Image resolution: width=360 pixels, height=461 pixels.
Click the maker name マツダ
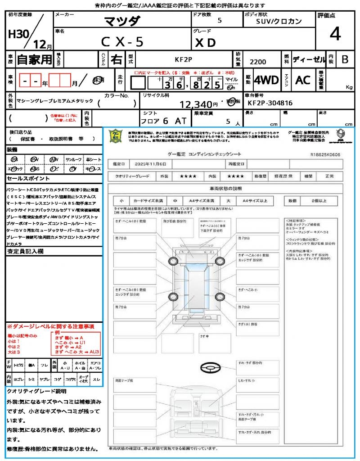pos(122,21)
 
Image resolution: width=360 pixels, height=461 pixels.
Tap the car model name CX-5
pos(122,42)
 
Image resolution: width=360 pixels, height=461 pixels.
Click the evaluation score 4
pos(334,34)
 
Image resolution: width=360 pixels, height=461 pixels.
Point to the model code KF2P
pos(184,59)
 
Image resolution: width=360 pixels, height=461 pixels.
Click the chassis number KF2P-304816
pos(270,103)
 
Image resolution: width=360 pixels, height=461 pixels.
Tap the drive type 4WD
pos(266,80)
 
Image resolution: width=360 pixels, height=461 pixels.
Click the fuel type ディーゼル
pos(309,59)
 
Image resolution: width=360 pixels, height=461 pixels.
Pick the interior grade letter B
pos(345,59)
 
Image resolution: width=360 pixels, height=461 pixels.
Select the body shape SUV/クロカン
pos(279,21)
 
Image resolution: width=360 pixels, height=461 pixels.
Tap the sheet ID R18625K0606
pos(325,154)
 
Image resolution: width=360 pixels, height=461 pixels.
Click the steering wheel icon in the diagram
pos(209,368)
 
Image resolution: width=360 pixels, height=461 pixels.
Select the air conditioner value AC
pos(303,80)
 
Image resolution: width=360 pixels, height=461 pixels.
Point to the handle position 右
pos(116,59)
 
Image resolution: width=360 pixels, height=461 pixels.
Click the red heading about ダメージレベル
pos(50,326)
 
